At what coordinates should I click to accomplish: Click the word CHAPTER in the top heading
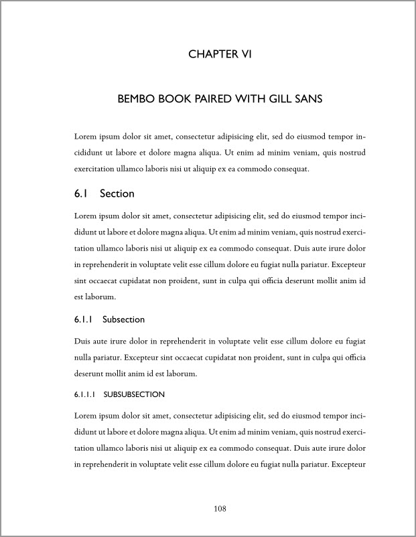pyautogui.click(x=208, y=54)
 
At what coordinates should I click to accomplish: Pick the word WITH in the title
pyautogui.click(x=252, y=99)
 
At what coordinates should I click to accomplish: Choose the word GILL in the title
pyautogui.click(x=282, y=99)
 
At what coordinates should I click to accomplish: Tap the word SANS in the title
pyautogui.click(x=311, y=99)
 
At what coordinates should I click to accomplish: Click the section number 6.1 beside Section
pyautogui.click(x=81, y=194)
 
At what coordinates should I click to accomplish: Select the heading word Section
pyautogui.click(x=117, y=194)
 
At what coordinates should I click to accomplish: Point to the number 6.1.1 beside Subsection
pyautogui.click(x=83, y=319)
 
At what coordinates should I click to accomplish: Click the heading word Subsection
pyautogui.click(x=124, y=319)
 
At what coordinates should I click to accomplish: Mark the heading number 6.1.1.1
pyautogui.click(x=84, y=395)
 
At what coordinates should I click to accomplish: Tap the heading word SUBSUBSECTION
pyautogui.click(x=134, y=395)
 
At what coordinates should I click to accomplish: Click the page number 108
pyautogui.click(x=220, y=509)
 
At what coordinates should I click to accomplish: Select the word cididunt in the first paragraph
pyautogui.click(x=88, y=153)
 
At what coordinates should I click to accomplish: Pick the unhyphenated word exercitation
pyautogui.click(x=96, y=169)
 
